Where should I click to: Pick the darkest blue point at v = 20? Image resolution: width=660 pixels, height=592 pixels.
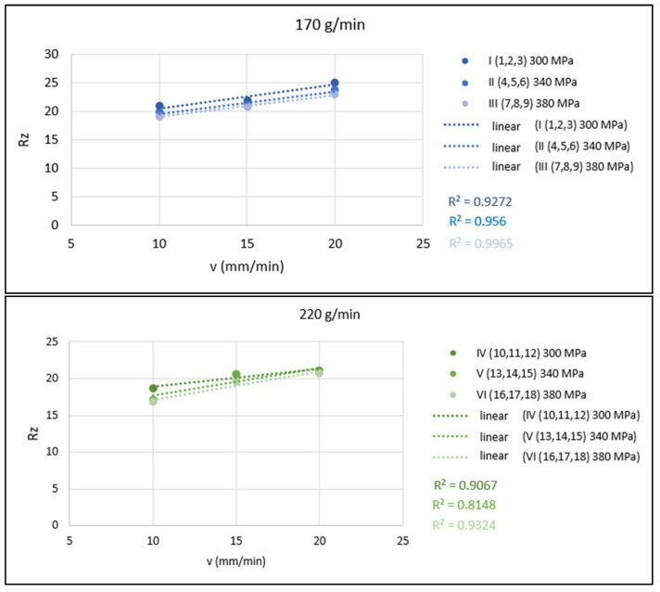335,84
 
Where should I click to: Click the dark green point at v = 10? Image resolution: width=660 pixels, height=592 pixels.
154,388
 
